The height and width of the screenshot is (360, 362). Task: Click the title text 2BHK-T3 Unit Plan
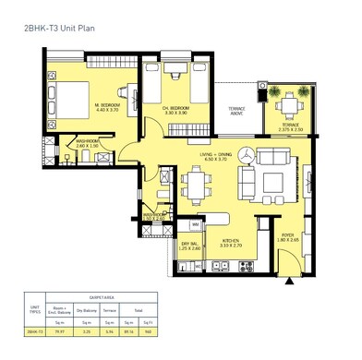58,29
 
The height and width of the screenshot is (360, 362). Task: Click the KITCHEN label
231,244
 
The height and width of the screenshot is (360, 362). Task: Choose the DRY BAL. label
190,245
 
